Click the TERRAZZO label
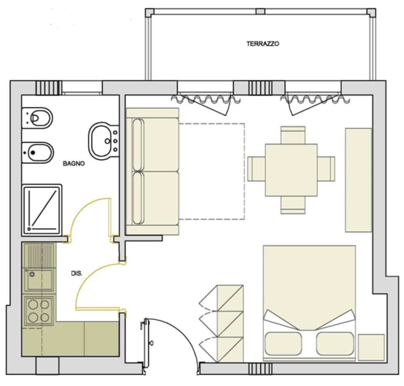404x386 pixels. coord(263,44)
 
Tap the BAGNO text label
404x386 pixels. coord(74,164)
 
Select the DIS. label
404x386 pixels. coord(77,274)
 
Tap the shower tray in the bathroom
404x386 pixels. coord(42,209)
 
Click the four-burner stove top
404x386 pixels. coord(39,311)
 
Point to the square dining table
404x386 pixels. coord(291,170)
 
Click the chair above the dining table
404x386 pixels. coord(293,135)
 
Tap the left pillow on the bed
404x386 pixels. coord(283,344)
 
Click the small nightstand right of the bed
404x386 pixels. coord(371,347)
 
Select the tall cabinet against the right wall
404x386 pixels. coord(358,180)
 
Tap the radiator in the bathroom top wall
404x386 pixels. coord(48,87)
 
